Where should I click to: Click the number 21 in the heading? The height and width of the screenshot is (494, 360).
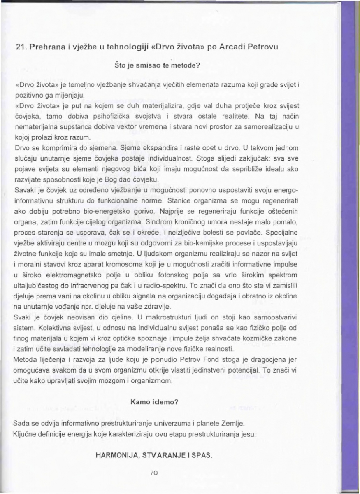click(x=20, y=47)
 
